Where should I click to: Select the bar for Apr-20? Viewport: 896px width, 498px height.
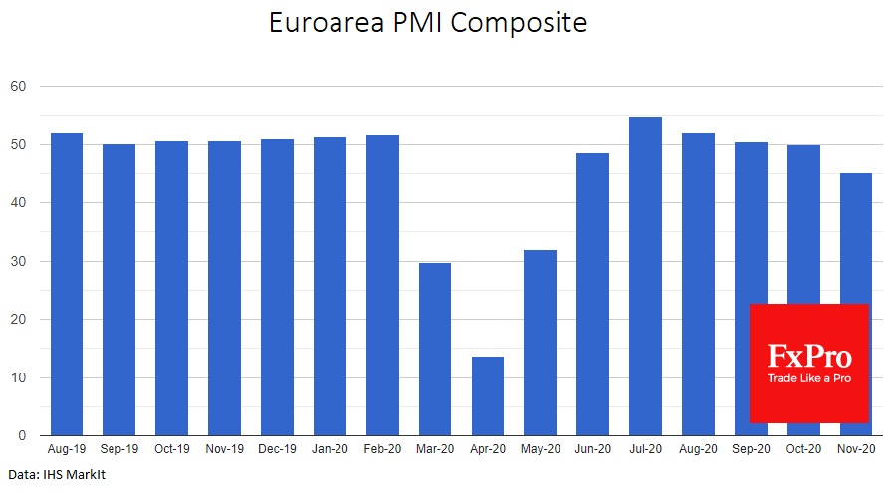pos(488,396)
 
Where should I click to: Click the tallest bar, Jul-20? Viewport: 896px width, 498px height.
pos(646,277)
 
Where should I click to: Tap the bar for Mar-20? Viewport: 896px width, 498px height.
pos(435,350)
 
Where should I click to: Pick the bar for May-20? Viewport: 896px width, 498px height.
pos(541,344)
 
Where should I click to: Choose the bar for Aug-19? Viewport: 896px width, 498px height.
pos(67,285)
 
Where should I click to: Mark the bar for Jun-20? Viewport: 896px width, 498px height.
pos(593,295)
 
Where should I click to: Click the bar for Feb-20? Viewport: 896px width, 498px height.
pos(382,286)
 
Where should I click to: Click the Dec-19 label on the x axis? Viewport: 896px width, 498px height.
pos(277,450)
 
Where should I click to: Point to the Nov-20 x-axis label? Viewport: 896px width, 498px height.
pos(856,450)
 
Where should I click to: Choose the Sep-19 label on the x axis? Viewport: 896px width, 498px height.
pos(119,450)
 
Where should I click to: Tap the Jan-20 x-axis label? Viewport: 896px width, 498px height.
pos(330,450)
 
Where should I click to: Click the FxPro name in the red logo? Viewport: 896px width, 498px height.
pos(809,356)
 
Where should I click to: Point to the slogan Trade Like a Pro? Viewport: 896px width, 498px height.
pos(809,378)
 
